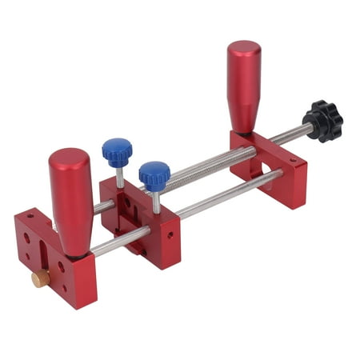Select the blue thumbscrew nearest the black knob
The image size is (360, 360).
[x=154, y=174]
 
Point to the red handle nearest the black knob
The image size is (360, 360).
[x=244, y=84]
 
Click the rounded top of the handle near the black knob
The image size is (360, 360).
[x=244, y=50]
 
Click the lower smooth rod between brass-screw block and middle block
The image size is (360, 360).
[x=120, y=239]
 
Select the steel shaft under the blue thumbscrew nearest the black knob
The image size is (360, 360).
[x=156, y=200]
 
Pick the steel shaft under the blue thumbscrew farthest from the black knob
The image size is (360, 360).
[x=120, y=178]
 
